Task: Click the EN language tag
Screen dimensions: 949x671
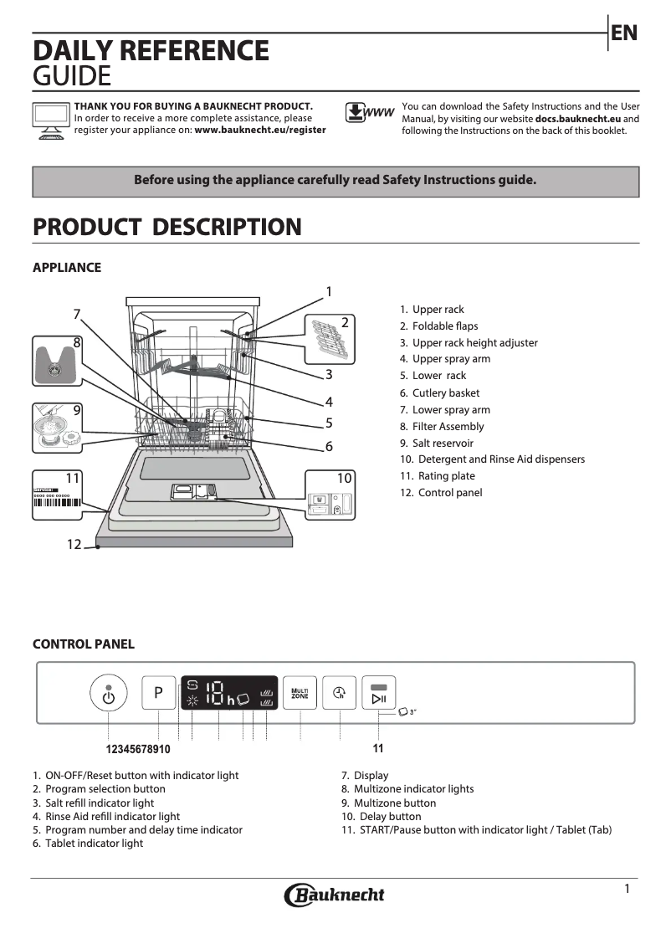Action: [x=624, y=33]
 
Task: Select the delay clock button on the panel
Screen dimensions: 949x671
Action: [x=340, y=693]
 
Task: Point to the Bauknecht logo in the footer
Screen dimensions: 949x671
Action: [x=335, y=895]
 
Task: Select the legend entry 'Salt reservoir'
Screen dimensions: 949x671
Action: [x=443, y=443]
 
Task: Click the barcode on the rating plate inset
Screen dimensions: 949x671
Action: [x=57, y=504]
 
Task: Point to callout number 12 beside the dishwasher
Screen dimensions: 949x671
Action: [x=74, y=545]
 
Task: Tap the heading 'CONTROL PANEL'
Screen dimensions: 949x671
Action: [x=83, y=644]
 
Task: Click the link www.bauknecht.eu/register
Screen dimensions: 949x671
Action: [x=260, y=131]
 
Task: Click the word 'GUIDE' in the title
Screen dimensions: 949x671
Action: [x=71, y=77]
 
